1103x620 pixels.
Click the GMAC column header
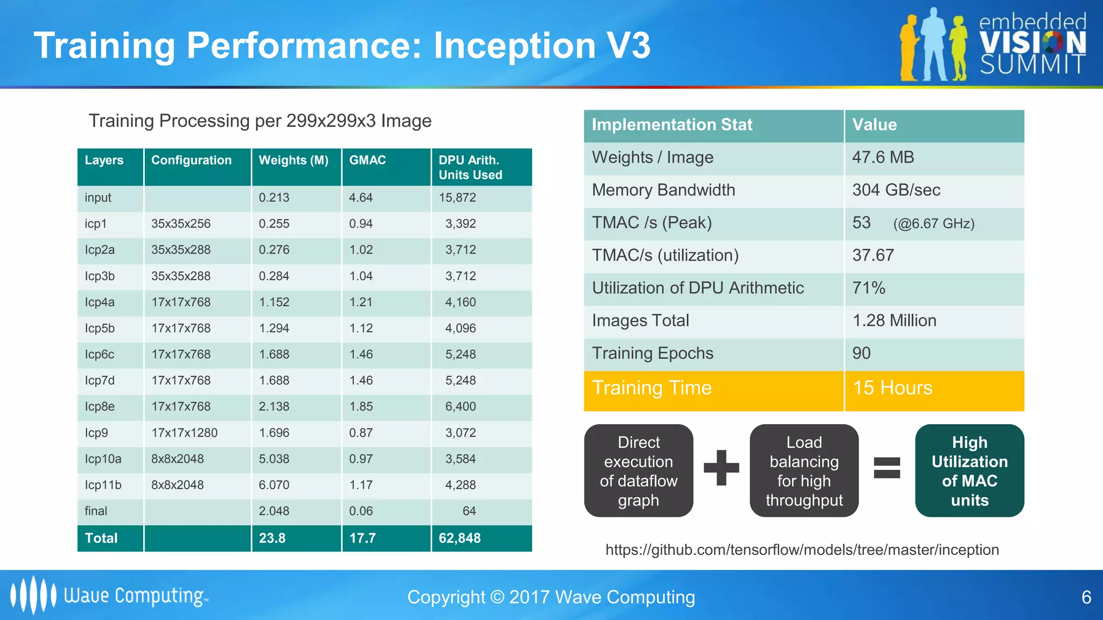tap(367, 160)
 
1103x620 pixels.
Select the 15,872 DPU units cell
tap(457, 198)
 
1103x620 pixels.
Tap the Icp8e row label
tap(100, 406)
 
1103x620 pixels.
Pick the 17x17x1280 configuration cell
tap(184, 433)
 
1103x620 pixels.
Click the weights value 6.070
tap(274, 485)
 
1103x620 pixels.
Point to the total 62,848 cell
tap(459, 538)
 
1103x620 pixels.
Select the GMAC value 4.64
tap(360, 198)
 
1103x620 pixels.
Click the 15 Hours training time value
tap(892, 388)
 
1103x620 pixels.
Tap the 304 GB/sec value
tap(896, 190)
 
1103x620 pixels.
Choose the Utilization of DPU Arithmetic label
tap(697, 288)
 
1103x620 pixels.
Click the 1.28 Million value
tap(894, 321)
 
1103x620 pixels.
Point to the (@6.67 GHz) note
tap(933, 224)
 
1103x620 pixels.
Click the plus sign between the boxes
tap(721, 468)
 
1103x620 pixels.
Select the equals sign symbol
tap(886, 468)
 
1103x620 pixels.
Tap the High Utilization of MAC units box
tap(969, 471)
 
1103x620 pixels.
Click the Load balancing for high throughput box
tap(804, 471)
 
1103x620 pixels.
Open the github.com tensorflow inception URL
tap(802, 550)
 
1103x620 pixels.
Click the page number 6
tap(1086, 597)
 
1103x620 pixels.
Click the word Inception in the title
tap(514, 45)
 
